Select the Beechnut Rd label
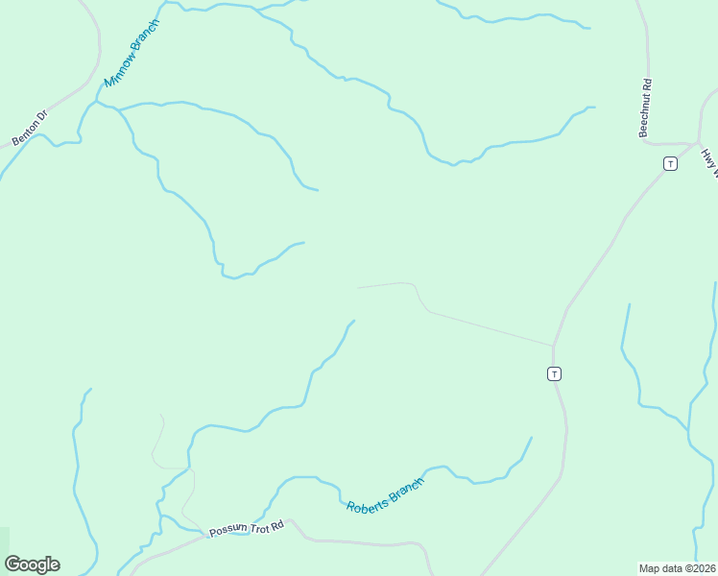coord(646,108)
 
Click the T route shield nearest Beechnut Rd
coord(670,163)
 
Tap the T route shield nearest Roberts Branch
coord(554,373)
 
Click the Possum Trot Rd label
coord(248,528)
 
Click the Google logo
coord(32,564)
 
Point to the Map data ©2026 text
coord(676,567)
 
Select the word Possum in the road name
coord(228,531)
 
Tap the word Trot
coord(257,527)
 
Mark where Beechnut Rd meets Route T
coord(693,144)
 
